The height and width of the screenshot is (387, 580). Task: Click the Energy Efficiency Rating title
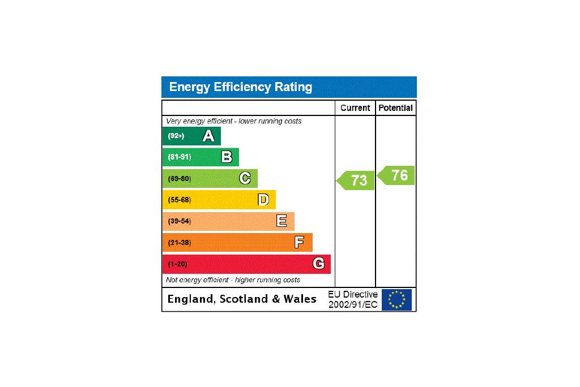(x=241, y=87)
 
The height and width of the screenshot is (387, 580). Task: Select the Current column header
(x=355, y=108)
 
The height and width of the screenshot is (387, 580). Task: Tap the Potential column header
(x=395, y=108)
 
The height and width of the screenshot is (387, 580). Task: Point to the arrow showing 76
(x=397, y=175)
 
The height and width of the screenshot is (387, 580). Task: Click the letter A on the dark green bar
(x=208, y=136)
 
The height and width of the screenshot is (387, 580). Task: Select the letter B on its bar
(x=227, y=157)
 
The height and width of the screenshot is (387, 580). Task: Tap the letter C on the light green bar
(x=245, y=178)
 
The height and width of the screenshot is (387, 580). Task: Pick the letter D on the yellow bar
(x=263, y=200)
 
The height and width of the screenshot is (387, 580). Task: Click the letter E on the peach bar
(x=282, y=221)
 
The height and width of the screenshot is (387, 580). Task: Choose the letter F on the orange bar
(x=299, y=243)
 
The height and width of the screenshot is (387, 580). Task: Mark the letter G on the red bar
(x=318, y=264)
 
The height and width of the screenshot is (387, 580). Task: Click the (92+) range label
(x=176, y=136)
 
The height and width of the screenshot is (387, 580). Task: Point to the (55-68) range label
(x=180, y=200)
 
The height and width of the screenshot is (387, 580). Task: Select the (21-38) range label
(x=180, y=243)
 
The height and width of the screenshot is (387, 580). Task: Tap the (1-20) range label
(x=177, y=264)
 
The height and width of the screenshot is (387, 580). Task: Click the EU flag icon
(x=396, y=299)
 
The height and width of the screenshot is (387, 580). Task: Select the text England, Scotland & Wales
(x=242, y=299)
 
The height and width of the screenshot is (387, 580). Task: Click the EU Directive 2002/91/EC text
(x=352, y=299)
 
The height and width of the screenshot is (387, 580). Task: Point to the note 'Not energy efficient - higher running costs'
(x=233, y=280)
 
